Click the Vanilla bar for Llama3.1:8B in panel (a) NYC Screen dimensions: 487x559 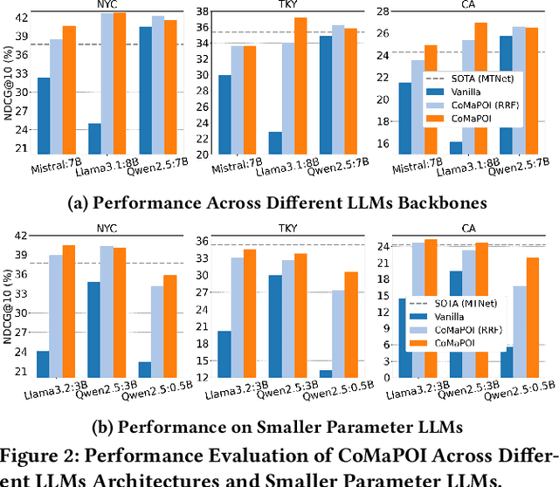coord(94,139)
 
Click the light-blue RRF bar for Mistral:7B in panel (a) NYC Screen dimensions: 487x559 coord(56,96)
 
